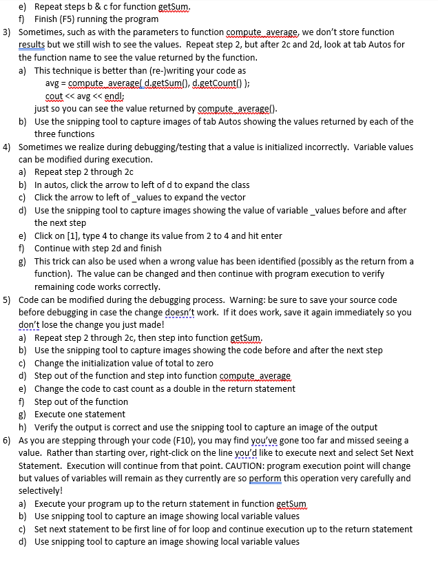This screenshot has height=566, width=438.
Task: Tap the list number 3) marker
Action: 8,32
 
